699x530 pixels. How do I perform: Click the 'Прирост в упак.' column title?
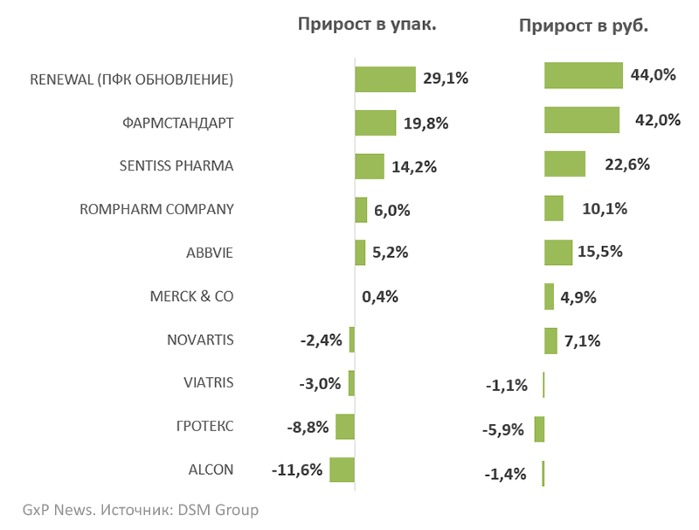(x=367, y=24)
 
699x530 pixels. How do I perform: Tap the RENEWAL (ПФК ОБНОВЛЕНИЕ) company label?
(x=132, y=79)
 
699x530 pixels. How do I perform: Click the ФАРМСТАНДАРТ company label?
(x=178, y=122)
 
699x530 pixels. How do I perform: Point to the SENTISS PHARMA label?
(x=176, y=165)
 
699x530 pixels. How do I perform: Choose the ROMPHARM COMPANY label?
(x=156, y=209)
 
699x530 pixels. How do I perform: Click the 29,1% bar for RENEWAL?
(x=384, y=79)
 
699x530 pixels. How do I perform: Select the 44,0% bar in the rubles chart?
(x=583, y=75)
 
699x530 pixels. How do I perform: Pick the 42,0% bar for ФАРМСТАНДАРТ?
(x=581, y=120)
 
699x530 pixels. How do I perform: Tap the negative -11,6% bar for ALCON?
(x=342, y=470)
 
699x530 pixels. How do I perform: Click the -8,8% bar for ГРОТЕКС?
(x=345, y=427)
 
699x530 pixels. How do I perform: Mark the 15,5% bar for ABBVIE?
(x=557, y=252)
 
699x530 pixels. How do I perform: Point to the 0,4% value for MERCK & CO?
(x=380, y=296)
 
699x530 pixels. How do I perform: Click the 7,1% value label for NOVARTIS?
(x=583, y=341)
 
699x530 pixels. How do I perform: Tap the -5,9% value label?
(x=503, y=429)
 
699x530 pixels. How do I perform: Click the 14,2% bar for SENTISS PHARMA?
(x=370, y=166)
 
